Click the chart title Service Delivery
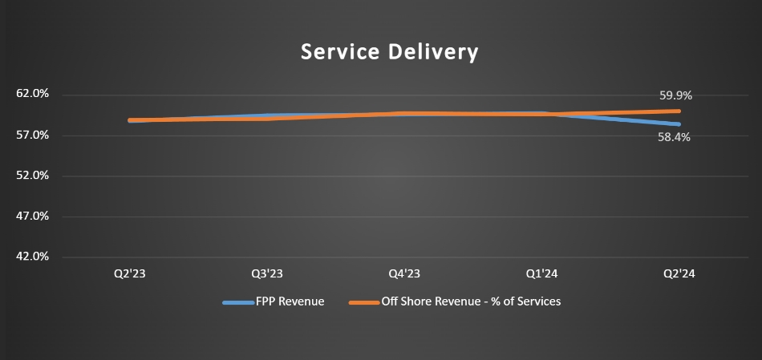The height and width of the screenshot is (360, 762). point(389,52)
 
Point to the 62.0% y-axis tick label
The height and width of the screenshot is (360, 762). point(33,94)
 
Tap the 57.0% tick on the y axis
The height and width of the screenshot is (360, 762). point(33,135)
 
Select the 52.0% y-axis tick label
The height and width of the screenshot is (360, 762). point(33,176)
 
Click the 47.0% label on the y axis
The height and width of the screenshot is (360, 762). point(33,216)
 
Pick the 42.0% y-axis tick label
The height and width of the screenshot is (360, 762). point(33,257)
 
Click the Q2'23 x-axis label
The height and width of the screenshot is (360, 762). point(129,274)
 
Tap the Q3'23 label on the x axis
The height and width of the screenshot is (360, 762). point(267,274)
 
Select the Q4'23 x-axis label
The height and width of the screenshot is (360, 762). point(404,274)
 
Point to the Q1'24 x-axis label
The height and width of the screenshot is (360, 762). point(542,274)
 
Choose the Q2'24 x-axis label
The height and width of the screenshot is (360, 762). point(679,274)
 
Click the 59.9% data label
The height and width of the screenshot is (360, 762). point(675,95)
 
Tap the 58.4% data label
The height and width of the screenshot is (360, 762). point(674,137)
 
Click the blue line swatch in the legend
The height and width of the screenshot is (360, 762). point(239,303)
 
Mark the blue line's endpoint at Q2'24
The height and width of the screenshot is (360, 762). point(679,124)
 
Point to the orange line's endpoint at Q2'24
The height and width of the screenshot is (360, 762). point(679,111)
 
